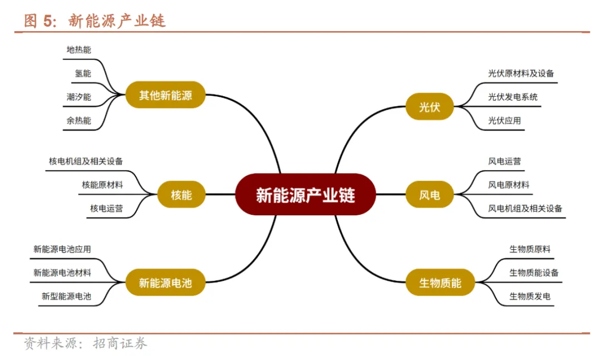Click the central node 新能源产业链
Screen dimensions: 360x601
click(x=305, y=195)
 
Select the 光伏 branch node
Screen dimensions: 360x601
click(x=429, y=106)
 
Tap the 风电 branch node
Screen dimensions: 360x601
click(x=429, y=195)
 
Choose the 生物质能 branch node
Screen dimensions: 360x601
click(x=440, y=283)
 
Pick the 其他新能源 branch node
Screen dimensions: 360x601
click(x=165, y=95)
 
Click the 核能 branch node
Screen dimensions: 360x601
click(x=181, y=195)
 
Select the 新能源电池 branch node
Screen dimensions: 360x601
click(x=165, y=283)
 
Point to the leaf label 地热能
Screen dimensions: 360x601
click(x=78, y=50)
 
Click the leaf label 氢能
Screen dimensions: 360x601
click(x=83, y=73)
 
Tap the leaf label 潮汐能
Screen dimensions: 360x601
click(x=78, y=97)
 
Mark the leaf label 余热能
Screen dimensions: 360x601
click(x=78, y=120)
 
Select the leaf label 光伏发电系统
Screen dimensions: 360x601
click(x=513, y=97)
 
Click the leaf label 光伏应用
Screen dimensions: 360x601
click(x=504, y=120)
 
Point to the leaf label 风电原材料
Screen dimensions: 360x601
click(x=509, y=185)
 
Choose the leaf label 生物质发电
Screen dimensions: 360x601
click(x=530, y=297)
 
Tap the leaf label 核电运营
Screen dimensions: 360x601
click(x=106, y=209)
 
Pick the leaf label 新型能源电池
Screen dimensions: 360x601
click(x=66, y=297)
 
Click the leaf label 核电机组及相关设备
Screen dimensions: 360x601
click(x=86, y=161)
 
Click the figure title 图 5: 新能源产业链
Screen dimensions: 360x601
click(x=95, y=21)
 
